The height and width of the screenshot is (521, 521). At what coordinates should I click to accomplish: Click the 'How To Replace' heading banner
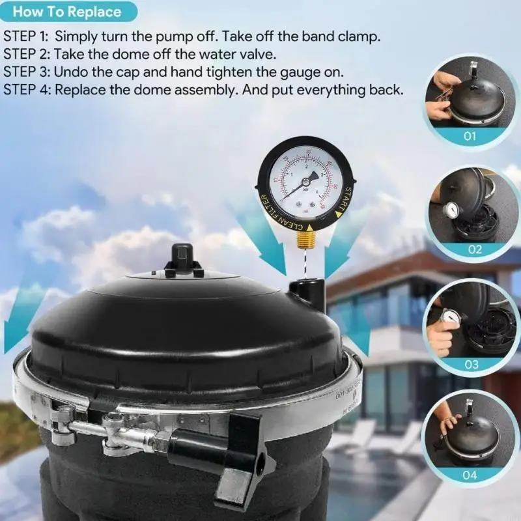point(67,12)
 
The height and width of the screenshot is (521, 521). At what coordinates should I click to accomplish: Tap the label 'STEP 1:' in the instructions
point(26,36)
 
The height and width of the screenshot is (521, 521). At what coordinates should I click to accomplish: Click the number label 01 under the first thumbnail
point(470,136)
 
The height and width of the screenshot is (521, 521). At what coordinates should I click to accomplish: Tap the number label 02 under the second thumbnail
point(474,249)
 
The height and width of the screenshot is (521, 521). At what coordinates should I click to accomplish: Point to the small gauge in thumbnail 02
point(451,209)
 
